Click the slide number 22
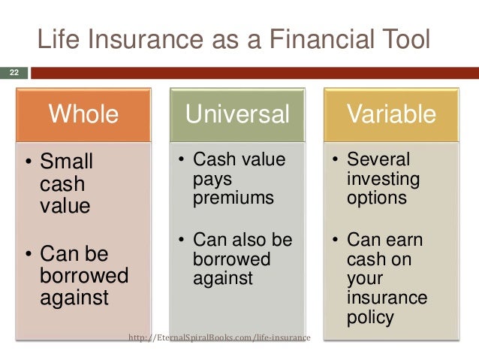tap(14, 72)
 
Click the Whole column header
tap(83, 114)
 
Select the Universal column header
tap(237, 114)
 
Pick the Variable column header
tap(391, 114)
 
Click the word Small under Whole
tap(66, 161)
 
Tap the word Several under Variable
tap(378, 159)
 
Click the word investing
tap(384, 180)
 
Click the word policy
tap(370, 318)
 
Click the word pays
tap(212, 180)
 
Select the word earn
tap(405, 240)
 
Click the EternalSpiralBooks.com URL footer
tap(219, 337)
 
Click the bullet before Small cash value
tap(29, 161)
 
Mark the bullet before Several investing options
tap(335, 159)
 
